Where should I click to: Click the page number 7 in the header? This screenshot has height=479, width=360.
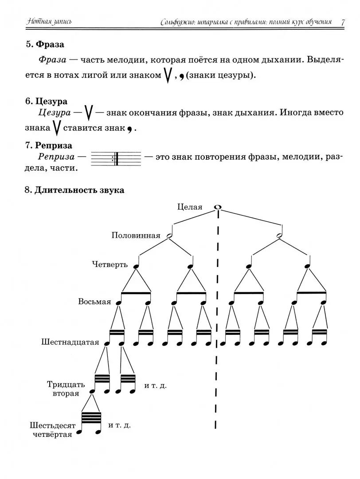click(x=343, y=22)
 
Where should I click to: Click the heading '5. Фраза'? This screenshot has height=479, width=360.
click(x=45, y=44)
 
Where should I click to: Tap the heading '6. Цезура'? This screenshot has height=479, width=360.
click(x=47, y=101)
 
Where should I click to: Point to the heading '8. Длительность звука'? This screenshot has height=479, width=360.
click(x=74, y=190)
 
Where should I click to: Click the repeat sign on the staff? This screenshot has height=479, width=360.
click(x=115, y=158)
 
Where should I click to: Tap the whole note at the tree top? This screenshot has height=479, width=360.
click(x=218, y=207)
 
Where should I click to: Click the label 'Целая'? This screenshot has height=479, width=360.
click(x=189, y=207)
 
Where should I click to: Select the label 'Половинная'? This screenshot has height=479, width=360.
click(x=136, y=236)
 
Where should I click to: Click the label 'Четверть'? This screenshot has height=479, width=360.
click(x=110, y=265)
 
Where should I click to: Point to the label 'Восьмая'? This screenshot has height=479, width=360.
click(x=94, y=302)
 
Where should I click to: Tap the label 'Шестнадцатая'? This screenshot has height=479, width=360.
click(x=70, y=342)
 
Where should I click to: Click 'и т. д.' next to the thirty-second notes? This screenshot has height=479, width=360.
click(x=156, y=385)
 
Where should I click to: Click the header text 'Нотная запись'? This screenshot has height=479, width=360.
click(x=49, y=22)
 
